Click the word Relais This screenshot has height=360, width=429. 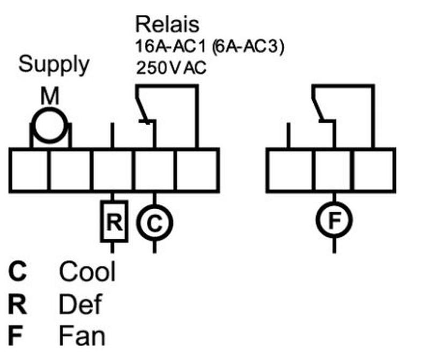point(167,24)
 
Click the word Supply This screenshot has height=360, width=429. point(54,64)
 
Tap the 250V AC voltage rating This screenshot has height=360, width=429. point(171,69)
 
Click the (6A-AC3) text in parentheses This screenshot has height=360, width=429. point(247,47)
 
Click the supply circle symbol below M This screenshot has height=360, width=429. point(49,127)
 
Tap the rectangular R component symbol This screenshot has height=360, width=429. point(114,222)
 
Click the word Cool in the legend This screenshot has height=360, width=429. point(87,271)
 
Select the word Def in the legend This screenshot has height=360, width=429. point(80,305)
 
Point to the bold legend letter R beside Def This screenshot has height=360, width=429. point(17,305)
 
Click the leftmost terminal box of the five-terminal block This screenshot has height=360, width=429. point(29,170)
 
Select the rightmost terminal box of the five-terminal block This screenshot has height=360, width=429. point(197,170)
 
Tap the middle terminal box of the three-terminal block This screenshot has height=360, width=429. point(334,170)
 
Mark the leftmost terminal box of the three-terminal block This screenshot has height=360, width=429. point(290,170)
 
